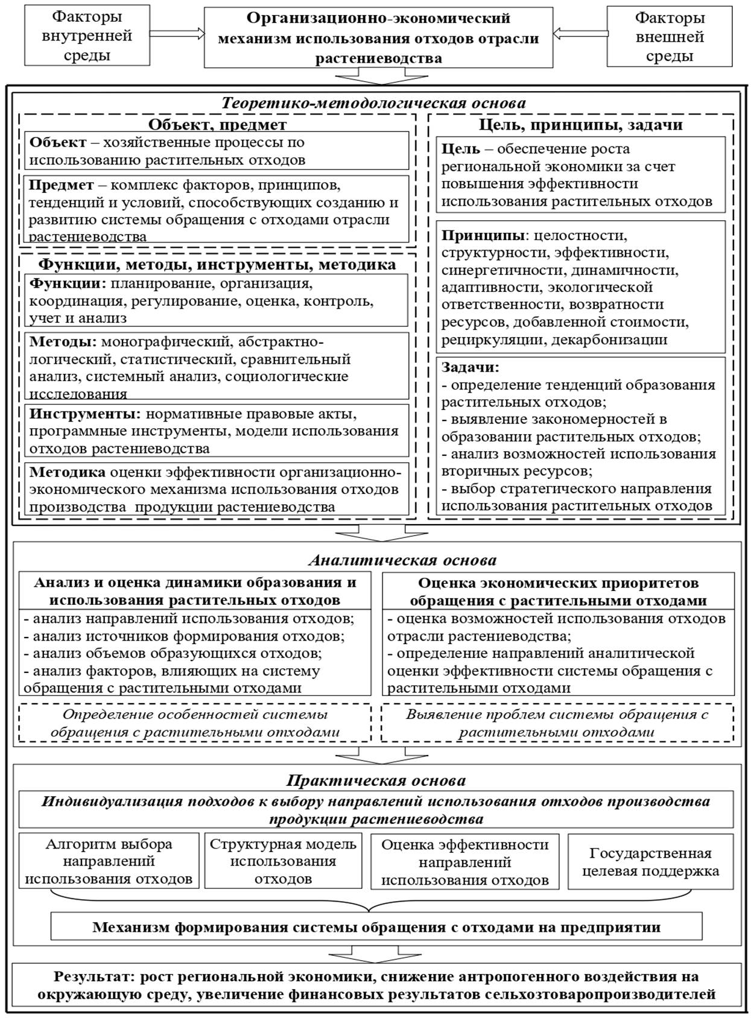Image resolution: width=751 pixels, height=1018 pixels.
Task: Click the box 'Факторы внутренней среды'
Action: point(87,37)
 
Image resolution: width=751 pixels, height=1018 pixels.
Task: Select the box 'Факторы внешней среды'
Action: point(669,37)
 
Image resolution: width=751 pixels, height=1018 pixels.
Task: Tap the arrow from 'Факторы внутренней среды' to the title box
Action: point(177,34)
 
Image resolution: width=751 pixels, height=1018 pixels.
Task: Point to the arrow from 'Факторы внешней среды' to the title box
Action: point(580,34)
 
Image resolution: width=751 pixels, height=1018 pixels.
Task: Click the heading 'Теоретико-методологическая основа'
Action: point(373,103)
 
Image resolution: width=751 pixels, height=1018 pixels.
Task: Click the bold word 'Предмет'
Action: point(62,185)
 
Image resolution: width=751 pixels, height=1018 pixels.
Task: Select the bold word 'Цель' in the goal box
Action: point(461,149)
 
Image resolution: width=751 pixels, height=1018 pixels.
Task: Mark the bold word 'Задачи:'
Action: point(471,367)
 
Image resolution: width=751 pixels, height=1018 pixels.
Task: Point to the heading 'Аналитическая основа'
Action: point(402,560)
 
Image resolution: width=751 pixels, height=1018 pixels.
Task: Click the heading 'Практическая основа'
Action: point(376,780)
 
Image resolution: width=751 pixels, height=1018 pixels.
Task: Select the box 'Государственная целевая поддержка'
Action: point(650,861)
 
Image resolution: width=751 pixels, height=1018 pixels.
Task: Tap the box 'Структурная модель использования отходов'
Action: point(283,861)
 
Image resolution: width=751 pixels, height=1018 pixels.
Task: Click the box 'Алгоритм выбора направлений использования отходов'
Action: point(109,861)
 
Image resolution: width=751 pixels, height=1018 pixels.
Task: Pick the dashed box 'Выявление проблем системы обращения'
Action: point(557,723)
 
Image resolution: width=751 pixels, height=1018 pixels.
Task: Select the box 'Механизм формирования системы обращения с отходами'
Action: point(376,927)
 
